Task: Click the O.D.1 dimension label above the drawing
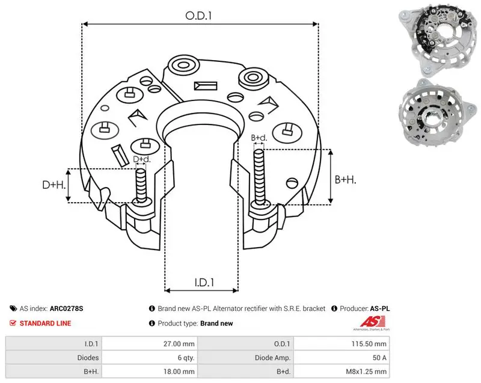click(x=198, y=16)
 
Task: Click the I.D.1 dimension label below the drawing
click(x=204, y=283)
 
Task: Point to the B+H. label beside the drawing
click(x=345, y=179)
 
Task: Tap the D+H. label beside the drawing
click(x=54, y=185)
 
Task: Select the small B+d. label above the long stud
click(x=259, y=138)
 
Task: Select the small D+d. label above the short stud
click(x=142, y=159)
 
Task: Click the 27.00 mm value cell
click(x=179, y=344)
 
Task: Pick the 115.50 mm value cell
click(x=369, y=344)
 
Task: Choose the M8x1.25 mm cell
click(x=366, y=372)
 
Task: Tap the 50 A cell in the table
click(x=379, y=358)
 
